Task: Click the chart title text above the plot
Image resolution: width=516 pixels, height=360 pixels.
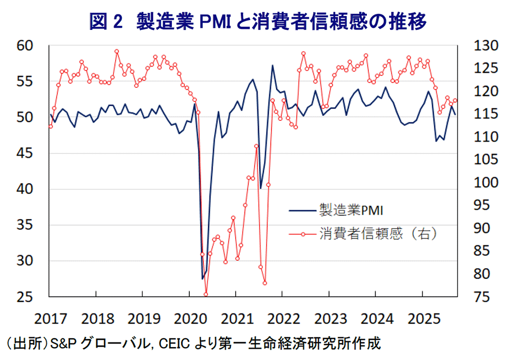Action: pos(258,21)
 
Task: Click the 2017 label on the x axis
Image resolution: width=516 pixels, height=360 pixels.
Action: pos(49,317)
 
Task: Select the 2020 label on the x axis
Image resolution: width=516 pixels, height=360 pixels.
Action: pos(189,317)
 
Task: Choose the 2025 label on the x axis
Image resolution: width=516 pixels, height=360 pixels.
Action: pos(422,317)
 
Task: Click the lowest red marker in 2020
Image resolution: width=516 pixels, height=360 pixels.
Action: pos(206,294)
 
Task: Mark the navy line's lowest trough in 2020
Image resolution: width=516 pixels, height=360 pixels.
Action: pos(202,279)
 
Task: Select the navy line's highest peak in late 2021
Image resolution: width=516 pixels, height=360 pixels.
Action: pos(272,65)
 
